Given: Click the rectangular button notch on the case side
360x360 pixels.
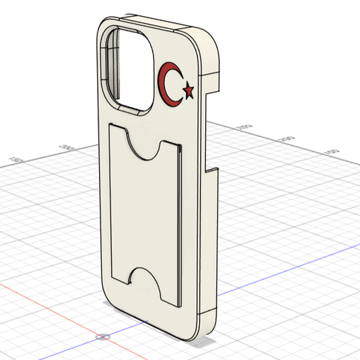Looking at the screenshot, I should [211, 171].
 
